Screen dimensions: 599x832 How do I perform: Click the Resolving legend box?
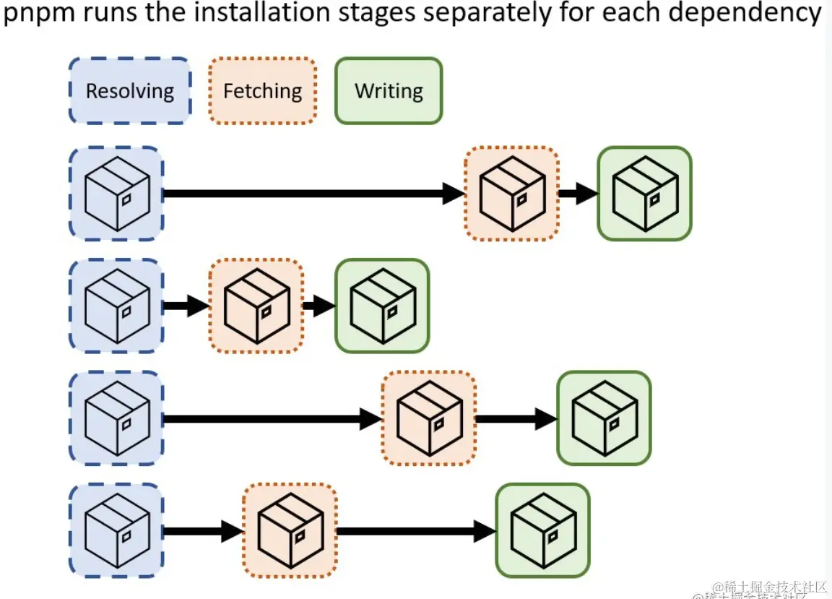pos(130,91)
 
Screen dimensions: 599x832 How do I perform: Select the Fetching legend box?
pos(262,91)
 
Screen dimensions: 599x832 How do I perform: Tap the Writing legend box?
pos(389,91)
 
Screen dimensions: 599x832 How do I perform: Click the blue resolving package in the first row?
pos(116,194)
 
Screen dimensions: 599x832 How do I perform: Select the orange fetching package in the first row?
pos(511,194)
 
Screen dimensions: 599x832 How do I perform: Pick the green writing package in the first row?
pos(644,194)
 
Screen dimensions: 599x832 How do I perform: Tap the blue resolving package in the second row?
pos(116,306)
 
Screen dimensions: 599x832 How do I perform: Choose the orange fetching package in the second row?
pos(256,306)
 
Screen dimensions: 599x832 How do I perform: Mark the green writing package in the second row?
pos(382,306)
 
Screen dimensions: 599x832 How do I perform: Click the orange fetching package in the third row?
pos(429,418)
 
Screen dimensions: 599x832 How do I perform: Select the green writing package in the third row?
pos(604,418)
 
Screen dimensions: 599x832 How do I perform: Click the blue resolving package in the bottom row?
pos(116,531)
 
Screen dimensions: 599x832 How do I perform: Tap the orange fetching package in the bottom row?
pos(290,531)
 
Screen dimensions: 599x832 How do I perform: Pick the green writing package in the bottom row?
pos(542,531)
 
